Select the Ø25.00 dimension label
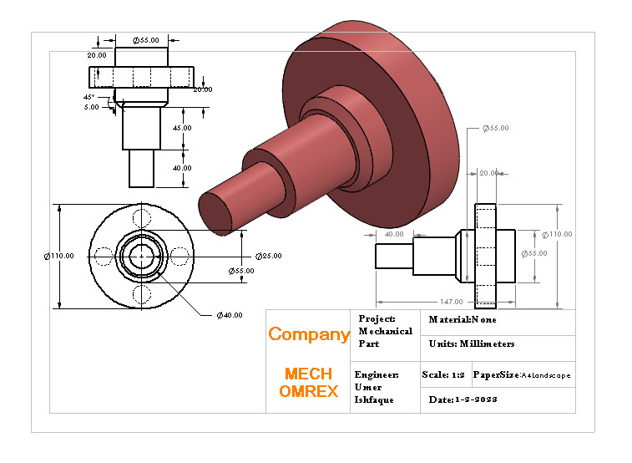pos(268,256)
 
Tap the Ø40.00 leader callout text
pos(229,315)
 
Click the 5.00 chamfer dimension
pos(91,107)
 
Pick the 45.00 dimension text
pos(182,128)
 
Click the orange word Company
pos(308,334)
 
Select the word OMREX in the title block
pos(308,391)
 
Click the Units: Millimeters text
pos(471,343)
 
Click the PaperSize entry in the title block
pos(522,375)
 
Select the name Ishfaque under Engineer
pos(374,399)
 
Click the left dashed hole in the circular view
pos(104,255)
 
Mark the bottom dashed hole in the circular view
pos(142,293)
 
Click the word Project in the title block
pos(377,319)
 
